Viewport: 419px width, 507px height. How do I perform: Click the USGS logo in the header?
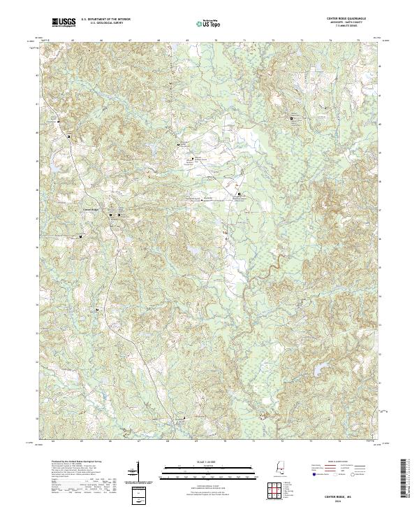64,23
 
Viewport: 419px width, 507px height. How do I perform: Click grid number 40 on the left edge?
37,131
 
